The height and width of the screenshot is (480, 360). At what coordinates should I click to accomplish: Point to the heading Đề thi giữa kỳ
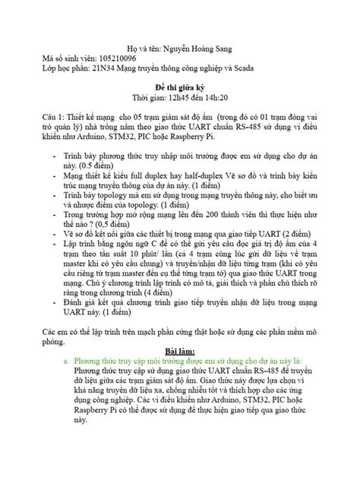click(180, 87)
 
